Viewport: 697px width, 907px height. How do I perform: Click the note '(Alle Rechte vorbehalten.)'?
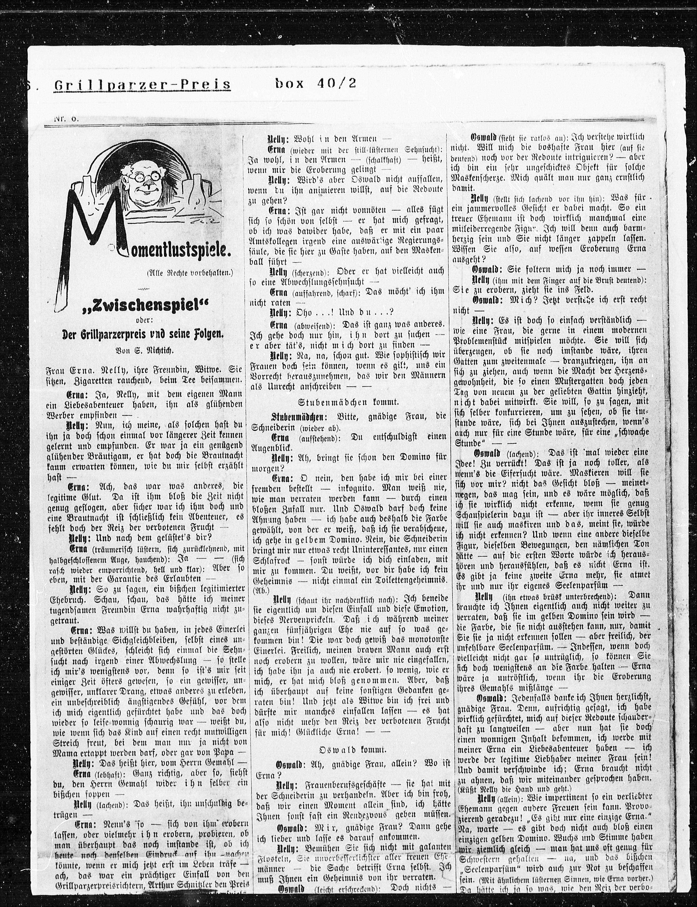190,272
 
